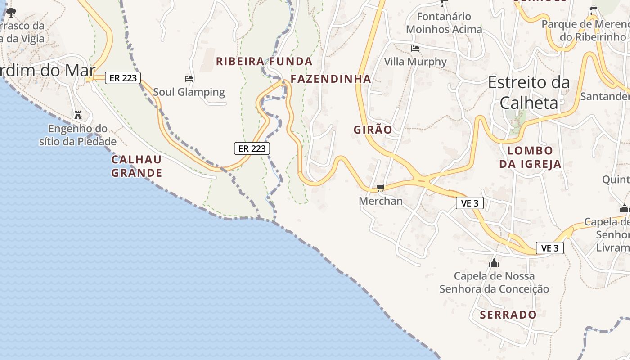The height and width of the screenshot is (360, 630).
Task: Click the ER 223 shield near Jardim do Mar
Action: (x=123, y=78)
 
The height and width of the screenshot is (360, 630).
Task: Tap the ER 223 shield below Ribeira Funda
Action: (x=252, y=148)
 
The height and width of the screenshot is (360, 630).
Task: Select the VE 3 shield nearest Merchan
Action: (x=470, y=203)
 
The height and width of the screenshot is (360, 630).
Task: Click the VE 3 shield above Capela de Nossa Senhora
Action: (x=549, y=247)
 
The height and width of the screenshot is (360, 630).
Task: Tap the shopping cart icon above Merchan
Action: (x=380, y=188)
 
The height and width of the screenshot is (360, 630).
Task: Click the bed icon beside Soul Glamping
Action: (x=189, y=79)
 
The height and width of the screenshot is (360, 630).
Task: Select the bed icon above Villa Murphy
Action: (x=415, y=48)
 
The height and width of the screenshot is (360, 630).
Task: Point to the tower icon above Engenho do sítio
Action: (x=78, y=115)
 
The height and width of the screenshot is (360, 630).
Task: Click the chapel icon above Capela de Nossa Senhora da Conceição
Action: (x=494, y=262)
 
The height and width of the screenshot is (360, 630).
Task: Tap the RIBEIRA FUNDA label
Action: (x=264, y=62)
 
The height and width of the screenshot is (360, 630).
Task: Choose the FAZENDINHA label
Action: (x=331, y=79)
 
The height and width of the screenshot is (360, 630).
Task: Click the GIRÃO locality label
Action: (x=373, y=130)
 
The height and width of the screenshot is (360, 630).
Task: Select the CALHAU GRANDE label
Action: (x=136, y=166)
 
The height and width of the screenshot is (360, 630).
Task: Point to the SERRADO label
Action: (x=508, y=315)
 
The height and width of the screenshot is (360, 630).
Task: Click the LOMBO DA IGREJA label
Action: (x=530, y=157)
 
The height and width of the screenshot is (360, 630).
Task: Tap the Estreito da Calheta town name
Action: (x=529, y=92)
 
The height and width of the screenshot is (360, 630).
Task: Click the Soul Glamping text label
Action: (x=189, y=92)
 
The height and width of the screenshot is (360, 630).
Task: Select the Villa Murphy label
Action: (x=415, y=62)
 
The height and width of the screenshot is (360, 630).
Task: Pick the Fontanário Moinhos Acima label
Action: (x=444, y=23)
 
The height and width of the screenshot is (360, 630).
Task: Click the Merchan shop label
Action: (x=381, y=201)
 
